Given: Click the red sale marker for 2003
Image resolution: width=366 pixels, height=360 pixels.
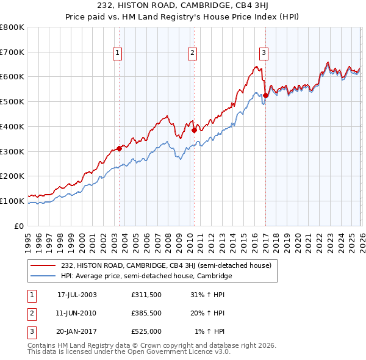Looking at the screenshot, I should (x=120, y=148).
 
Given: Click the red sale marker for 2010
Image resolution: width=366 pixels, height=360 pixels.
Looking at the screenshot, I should (x=194, y=130).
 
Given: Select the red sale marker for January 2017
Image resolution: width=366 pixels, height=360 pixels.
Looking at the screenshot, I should (x=266, y=95).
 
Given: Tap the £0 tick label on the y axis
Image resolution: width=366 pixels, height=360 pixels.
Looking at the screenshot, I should (x=20, y=226).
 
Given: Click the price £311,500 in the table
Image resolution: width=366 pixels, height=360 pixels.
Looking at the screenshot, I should (x=146, y=295).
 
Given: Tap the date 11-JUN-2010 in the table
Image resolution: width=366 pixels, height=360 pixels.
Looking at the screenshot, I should (x=77, y=313).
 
